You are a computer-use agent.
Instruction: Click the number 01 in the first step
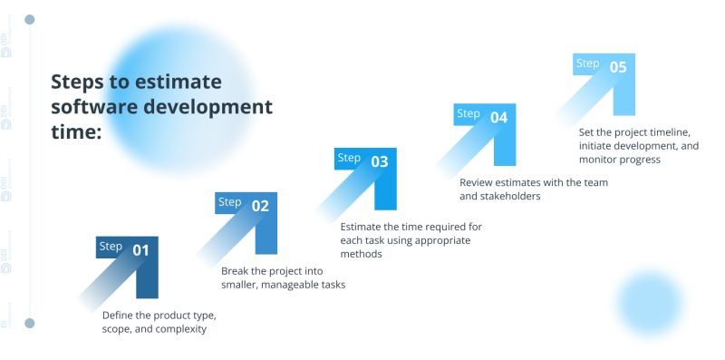pyautogui.click(x=140, y=249)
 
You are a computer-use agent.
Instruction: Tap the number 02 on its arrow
pyautogui.click(x=260, y=205)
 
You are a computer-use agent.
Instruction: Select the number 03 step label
pyautogui.click(x=380, y=161)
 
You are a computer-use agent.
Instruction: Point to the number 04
pyautogui.click(x=498, y=117)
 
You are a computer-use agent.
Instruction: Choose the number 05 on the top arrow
pyautogui.click(x=618, y=66)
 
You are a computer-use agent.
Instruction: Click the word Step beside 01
pyautogui.click(x=111, y=247)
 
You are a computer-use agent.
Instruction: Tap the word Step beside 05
pyautogui.click(x=588, y=63)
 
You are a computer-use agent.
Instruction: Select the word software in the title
pyautogui.click(x=89, y=106)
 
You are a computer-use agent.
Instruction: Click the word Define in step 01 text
pyautogui.click(x=120, y=315)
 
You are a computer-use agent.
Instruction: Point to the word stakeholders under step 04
pyautogui.click(x=509, y=196)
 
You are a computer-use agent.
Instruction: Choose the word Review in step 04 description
pyautogui.click(x=478, y=181)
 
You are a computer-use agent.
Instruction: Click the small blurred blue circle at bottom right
pyautogui.click(x=649, y=303)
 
